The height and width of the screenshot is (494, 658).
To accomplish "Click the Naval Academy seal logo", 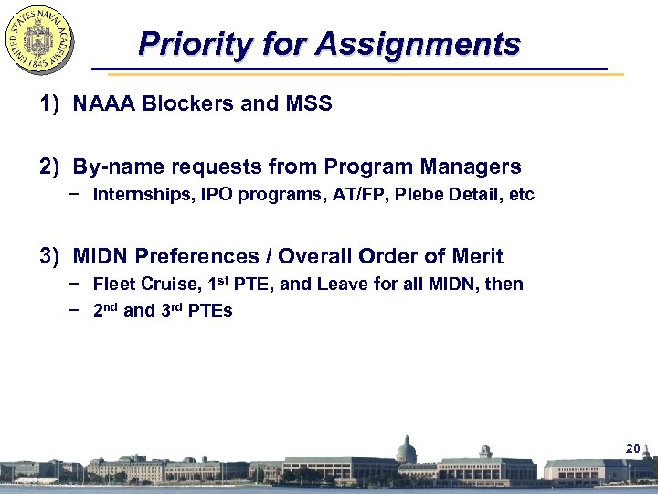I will pyautogui.click(x=40, y=39).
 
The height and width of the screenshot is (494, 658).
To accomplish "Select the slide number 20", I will pyautogui.click(x=632, y=448).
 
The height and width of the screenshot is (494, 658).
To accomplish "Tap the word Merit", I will pyautogui.click(x=478, y=256).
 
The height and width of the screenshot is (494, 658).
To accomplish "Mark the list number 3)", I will pyautogui.click(x=50, y=256).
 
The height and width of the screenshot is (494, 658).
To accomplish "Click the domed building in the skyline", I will pyautogui.click(x=405, y=451).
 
